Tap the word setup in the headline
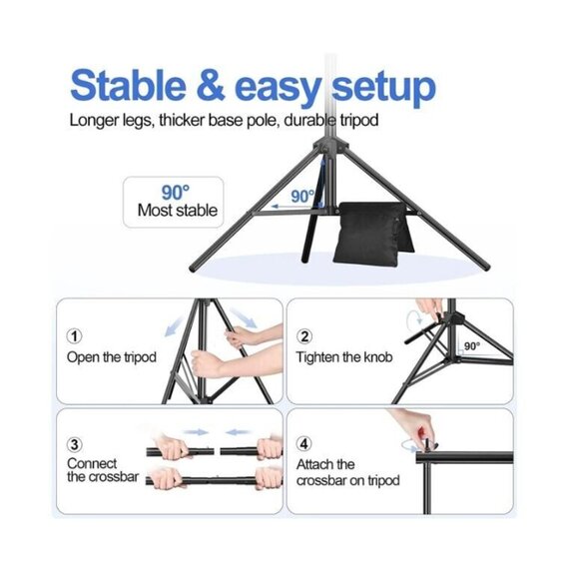[377, 87]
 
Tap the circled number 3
[75, 443]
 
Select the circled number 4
[304, 443]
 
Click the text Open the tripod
[111, 357]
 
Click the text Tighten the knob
[343, 357]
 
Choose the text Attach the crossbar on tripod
[346, 472]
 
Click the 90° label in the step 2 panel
[471, 345]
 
